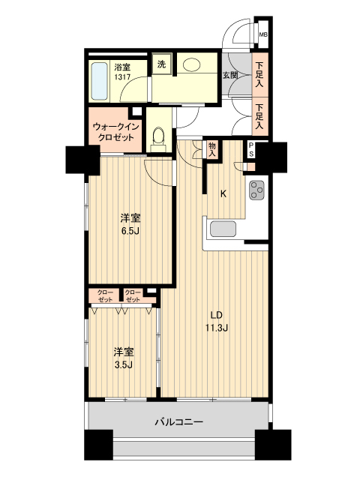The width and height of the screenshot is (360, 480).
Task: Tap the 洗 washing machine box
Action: tap(161, 64)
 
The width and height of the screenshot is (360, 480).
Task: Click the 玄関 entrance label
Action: tap(229, 75)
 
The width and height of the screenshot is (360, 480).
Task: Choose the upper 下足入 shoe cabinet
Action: tap(259, 75)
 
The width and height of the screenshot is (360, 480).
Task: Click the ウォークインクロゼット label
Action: tap(114, 133)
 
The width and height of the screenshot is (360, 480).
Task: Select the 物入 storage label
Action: tap(212, 149)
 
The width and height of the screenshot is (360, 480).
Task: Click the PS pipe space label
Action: tap(251, 150)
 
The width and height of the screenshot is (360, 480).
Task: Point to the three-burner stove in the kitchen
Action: tap(257, 192)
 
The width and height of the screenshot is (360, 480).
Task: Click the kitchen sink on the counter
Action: tap(223, 229)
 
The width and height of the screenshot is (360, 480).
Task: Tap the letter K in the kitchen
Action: tap(223, 193)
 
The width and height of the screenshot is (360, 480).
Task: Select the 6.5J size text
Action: tap(130, 232)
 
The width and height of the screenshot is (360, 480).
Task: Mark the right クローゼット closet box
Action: tap(133, 295)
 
